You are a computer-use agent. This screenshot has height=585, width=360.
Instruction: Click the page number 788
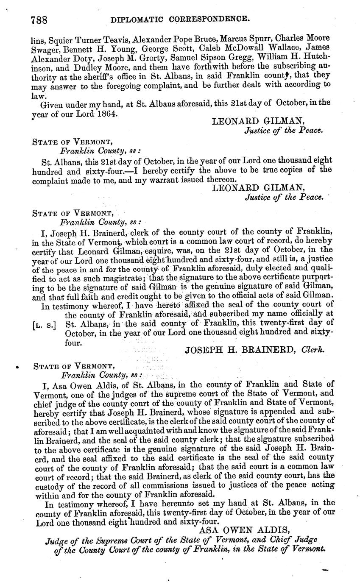(x=39, y=19)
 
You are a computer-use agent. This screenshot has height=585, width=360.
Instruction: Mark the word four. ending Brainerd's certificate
(x=73, y=342)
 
